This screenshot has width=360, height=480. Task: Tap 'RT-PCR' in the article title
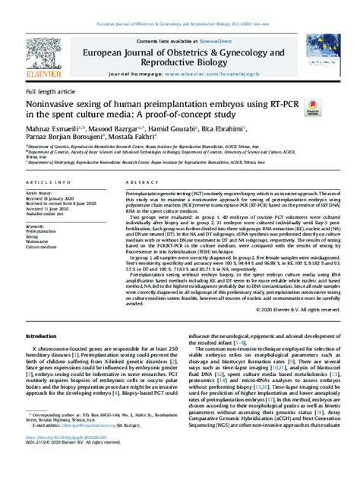click(x=270, y=103)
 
